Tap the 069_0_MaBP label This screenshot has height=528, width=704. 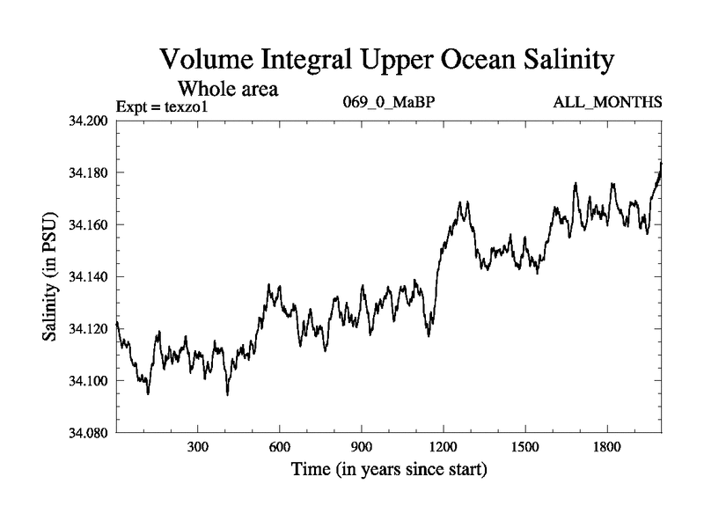point(389,103)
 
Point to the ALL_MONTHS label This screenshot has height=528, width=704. point(607,103)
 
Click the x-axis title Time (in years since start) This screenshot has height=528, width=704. point(389,470)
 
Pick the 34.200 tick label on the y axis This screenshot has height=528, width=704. point(87,121)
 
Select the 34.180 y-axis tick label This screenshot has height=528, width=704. point(87,172)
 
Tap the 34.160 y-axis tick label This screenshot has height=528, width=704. point(87,224)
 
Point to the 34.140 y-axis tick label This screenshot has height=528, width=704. point(87,276)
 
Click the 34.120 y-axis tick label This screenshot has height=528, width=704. point(87,328)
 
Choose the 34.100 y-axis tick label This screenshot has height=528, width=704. point(87,380)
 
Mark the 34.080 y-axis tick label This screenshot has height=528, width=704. point(87,432)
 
